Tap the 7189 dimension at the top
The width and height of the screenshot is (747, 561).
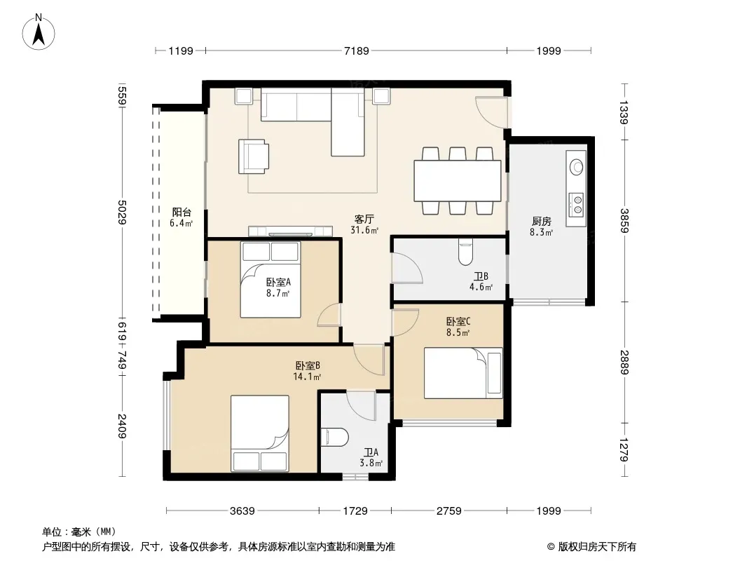[357, 50]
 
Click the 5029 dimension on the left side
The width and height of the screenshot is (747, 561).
[123, 212]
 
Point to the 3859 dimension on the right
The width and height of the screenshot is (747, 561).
[624, 221]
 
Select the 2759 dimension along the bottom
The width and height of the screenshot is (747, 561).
[448, 511]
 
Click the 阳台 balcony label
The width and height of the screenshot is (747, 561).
[181, 212]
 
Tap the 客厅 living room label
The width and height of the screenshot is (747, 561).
[364, 219]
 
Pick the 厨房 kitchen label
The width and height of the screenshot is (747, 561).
[542, 221]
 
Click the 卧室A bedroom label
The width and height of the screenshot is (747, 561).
[278, 282]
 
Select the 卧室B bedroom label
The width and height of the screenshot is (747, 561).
[308, 365]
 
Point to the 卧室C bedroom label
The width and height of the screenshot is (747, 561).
[458, 321]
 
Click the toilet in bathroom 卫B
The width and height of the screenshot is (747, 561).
[465, 252]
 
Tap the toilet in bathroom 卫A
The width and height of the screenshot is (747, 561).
[335, 438]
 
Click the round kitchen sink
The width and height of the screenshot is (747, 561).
[577, 166]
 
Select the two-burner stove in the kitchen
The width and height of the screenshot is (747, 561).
[576, 205]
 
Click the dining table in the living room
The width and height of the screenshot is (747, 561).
[458, 181]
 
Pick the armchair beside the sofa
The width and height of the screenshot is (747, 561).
[254, 156]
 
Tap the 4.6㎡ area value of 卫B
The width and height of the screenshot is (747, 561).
[481, 287]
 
